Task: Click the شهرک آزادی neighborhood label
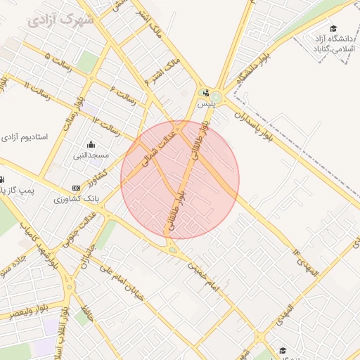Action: pyautogui.click(x=62, y=19)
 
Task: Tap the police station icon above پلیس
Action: pyautogui.click(x=205, y=93)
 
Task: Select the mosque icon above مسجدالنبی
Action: pyautogui.click(x=91, y=144)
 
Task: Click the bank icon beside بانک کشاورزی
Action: pyautogui.click(x=76, y=188)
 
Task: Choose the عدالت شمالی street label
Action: pyautogui.click(x=156, y=150)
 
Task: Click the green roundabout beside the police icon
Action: pyautogui.click(x=216, y=97)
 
